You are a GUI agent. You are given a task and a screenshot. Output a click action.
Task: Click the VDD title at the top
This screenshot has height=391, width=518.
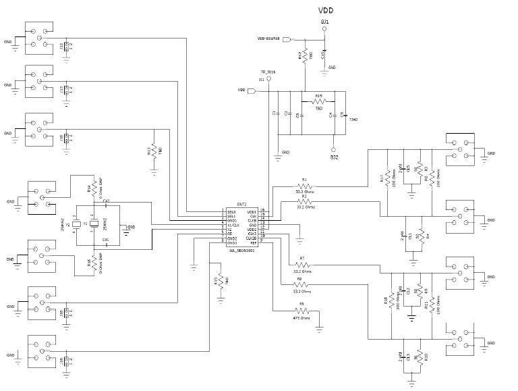[325, 10]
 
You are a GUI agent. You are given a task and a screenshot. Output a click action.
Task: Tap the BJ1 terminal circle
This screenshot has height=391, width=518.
[325, 30]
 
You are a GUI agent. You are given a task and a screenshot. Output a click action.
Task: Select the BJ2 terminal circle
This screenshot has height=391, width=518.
[333, 149]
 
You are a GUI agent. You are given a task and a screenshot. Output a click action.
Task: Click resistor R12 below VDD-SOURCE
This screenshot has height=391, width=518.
[305, 56]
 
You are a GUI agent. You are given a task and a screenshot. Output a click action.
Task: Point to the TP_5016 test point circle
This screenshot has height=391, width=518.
[269, 78]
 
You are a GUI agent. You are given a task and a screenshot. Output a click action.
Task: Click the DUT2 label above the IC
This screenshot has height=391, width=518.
[241, 204]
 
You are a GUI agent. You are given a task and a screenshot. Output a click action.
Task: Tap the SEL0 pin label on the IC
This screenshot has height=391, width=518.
[231, 211]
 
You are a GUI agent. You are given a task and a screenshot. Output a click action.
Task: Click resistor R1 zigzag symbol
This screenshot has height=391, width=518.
[304, 186]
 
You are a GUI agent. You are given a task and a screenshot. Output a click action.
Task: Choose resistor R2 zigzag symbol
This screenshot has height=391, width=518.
[304, 201]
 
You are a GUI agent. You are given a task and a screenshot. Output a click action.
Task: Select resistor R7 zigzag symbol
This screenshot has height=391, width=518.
[301, 265]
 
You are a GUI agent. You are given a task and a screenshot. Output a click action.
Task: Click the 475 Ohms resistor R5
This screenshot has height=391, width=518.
[301, 311]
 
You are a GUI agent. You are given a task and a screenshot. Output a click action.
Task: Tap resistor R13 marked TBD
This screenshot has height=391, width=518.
[154, 151]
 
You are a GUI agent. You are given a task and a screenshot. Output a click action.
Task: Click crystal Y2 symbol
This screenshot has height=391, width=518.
[77, 224]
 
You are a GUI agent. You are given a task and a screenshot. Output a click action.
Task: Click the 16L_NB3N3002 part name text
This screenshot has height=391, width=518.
[241, 251]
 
